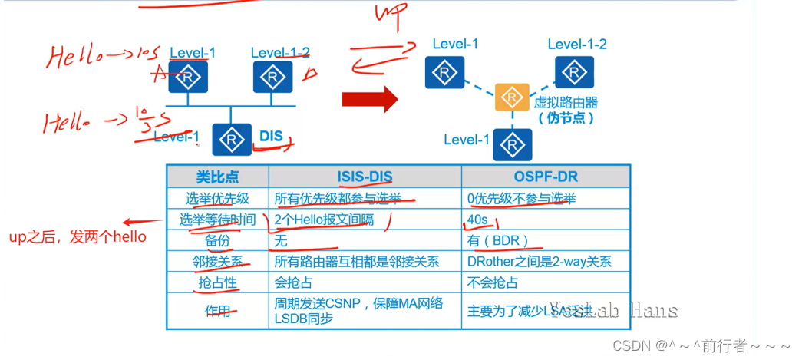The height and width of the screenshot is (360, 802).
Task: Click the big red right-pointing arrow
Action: (369, 98)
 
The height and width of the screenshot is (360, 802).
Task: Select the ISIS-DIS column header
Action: (365, 177)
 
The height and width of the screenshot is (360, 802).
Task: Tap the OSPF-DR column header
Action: (545, 177)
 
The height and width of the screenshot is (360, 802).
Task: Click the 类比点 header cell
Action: (217, 177)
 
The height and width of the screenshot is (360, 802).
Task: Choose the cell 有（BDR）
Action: (498, 240)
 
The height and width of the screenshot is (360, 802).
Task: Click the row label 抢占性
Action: (217, 282)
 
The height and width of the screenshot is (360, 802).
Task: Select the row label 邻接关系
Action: (217, 262)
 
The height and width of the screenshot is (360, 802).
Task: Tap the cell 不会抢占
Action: (492, 282)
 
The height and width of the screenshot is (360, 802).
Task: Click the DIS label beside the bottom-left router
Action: (271, 137)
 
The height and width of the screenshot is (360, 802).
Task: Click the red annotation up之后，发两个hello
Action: (78, 236)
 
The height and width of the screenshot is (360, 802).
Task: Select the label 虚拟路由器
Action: (566, 102)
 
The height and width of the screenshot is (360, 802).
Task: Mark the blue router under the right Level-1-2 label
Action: (573, 73)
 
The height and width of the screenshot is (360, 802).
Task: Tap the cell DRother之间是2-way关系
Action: (539, 262)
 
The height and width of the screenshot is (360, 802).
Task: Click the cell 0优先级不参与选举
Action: (521, 199)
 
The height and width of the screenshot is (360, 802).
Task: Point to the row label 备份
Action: (217, 240)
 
